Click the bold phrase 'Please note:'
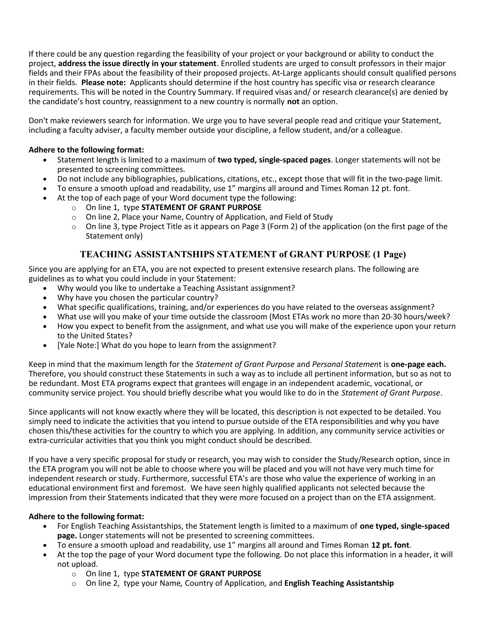click(x=103, y=82)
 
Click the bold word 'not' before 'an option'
click(x=293, y=101)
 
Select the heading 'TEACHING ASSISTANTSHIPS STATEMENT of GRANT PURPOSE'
click(x=225, y=254)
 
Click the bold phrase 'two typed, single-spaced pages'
click(x=274, y=160)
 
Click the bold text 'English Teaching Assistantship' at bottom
click(x=339, y=583)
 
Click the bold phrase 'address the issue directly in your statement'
click(x=137, y=64)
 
